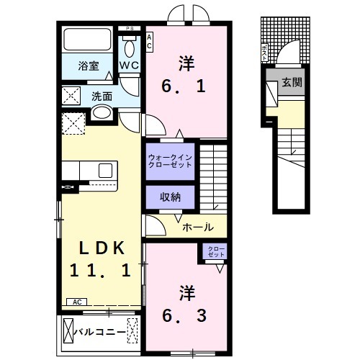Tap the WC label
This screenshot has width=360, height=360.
click(x=130, y=66)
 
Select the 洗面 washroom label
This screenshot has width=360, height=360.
click(x=102, y=95)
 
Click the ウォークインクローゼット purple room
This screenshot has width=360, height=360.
click(x=170, y=161)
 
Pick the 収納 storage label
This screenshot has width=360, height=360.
click(x=170, y=197)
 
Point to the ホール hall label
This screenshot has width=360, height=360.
click(x=197, y=227)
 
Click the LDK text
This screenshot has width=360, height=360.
click(x=103, y=248)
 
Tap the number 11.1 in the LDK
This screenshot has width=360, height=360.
click(x=100, y=271)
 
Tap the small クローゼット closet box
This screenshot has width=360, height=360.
click(x=216, y=253)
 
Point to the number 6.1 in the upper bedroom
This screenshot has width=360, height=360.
click(x=186, y=87)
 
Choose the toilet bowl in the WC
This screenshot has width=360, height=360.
click(x=130, y=48)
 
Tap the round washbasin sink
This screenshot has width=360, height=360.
click(x=101, y=113)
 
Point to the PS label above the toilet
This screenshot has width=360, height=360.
click(x=130, y=28)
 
